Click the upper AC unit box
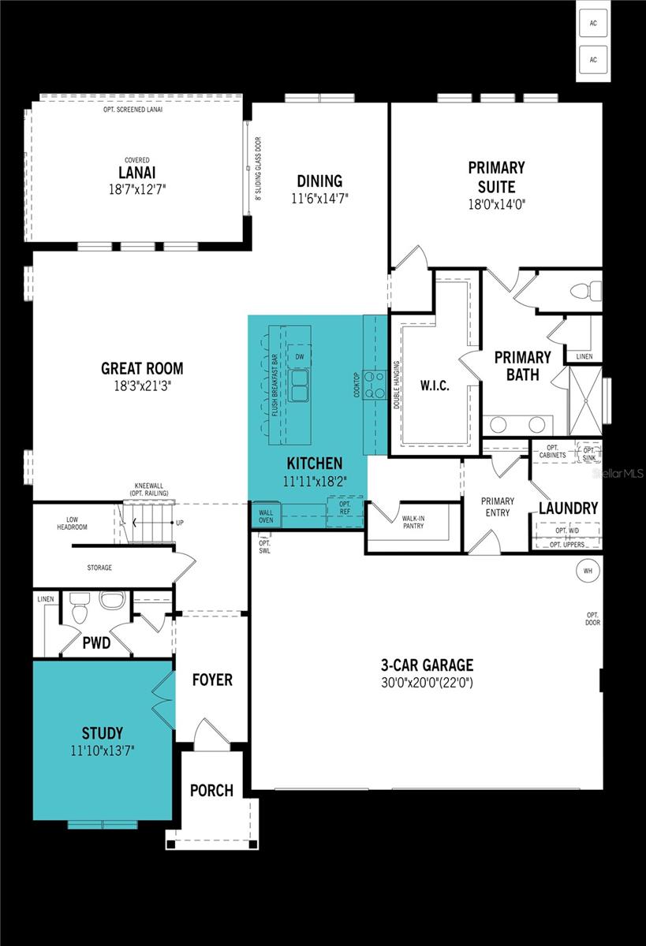[592, 23]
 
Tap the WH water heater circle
[587, 570]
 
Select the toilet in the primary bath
[584, 290]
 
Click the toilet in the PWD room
[80, 608]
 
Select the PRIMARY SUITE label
[496, 177]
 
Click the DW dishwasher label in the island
[300, 357]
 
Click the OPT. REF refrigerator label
[345, 508]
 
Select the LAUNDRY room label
[568, 508]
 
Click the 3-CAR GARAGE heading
[427, 665]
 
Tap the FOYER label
[212, 680]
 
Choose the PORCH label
[211, 790]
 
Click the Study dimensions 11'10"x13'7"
[102, 751]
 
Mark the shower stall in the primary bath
[585, 400]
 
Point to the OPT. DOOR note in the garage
[592, 619]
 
